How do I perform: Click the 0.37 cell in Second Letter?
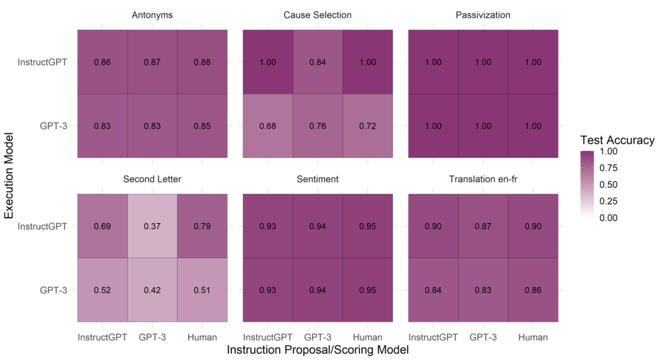[x=152, y=226]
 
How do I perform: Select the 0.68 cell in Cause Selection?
[x=268, y=126]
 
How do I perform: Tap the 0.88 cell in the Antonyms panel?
[x=202, y=62]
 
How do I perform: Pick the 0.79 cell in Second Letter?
[x=202, y=226]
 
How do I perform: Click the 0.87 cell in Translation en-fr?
[x=483, y=226]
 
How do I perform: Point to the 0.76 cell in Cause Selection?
[x=318, y=126]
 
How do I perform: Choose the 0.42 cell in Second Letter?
[x=152, y=290]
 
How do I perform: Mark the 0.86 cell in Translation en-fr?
[x=533, y=290]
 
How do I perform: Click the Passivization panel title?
[x=483, y=15]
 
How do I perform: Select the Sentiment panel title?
[x=318, y=179]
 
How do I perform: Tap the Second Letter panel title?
[x=152, y=179]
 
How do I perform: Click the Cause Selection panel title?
[x=318, y=15]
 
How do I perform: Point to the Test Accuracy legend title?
[x=617, y=140]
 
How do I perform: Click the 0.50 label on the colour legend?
[x=608, y=185]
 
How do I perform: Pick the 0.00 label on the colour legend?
[x=608, y=218]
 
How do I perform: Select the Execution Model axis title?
[x=9, y=175]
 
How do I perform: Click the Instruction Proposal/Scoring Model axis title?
[x=318, y=350]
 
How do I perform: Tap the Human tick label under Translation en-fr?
[x=533, y=337]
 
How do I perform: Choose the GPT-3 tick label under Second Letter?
[x=152, y=337]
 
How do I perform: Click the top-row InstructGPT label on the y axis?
[x=42, y=62]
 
